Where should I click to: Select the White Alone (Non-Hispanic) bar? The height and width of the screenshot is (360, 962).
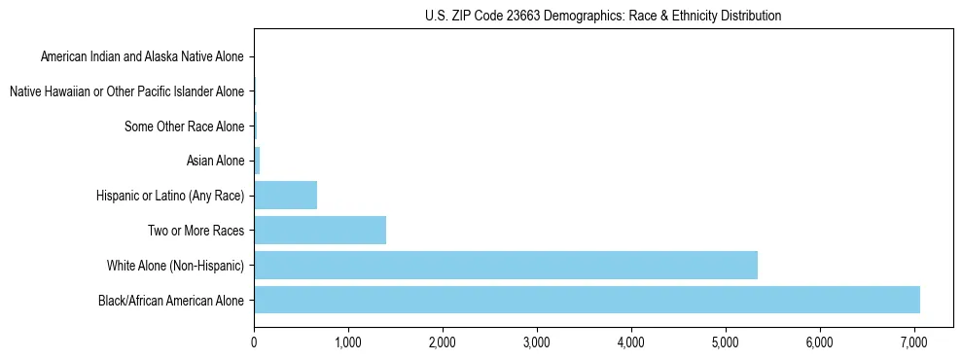tap(506, 265)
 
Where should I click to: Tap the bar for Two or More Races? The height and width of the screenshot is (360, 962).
tap(320, 230)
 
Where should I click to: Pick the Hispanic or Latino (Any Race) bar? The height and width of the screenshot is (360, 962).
tap(286, 195)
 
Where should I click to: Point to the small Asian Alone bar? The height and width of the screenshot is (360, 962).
tap(257, 161)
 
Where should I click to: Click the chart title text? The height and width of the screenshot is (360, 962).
tap(603, 16)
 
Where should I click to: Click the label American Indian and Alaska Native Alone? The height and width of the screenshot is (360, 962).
tap(142, 56)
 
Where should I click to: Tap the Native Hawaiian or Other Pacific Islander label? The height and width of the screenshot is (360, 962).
tap(126, 91)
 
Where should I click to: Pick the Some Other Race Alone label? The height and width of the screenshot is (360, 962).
tap(185, 126)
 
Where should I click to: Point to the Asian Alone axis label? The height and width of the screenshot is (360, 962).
tap(216, 161)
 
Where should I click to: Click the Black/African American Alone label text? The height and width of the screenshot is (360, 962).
tap(171, 300)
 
